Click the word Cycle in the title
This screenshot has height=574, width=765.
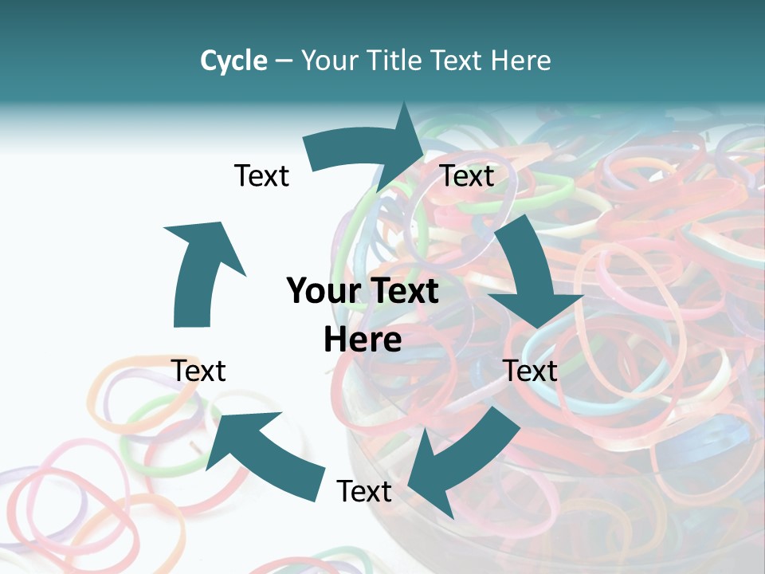tap(233, 61)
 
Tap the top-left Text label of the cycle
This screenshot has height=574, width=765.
tap(261, 175)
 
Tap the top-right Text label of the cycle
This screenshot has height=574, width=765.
tap(468, 175)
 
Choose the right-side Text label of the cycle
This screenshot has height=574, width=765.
tap(530, 371)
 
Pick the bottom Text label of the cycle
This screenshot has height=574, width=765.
tap(364, 491)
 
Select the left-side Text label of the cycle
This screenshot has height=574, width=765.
tap(199, 371)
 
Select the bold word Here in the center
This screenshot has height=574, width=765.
tap(363, 340)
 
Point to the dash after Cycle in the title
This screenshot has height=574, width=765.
tap(284, 61)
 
